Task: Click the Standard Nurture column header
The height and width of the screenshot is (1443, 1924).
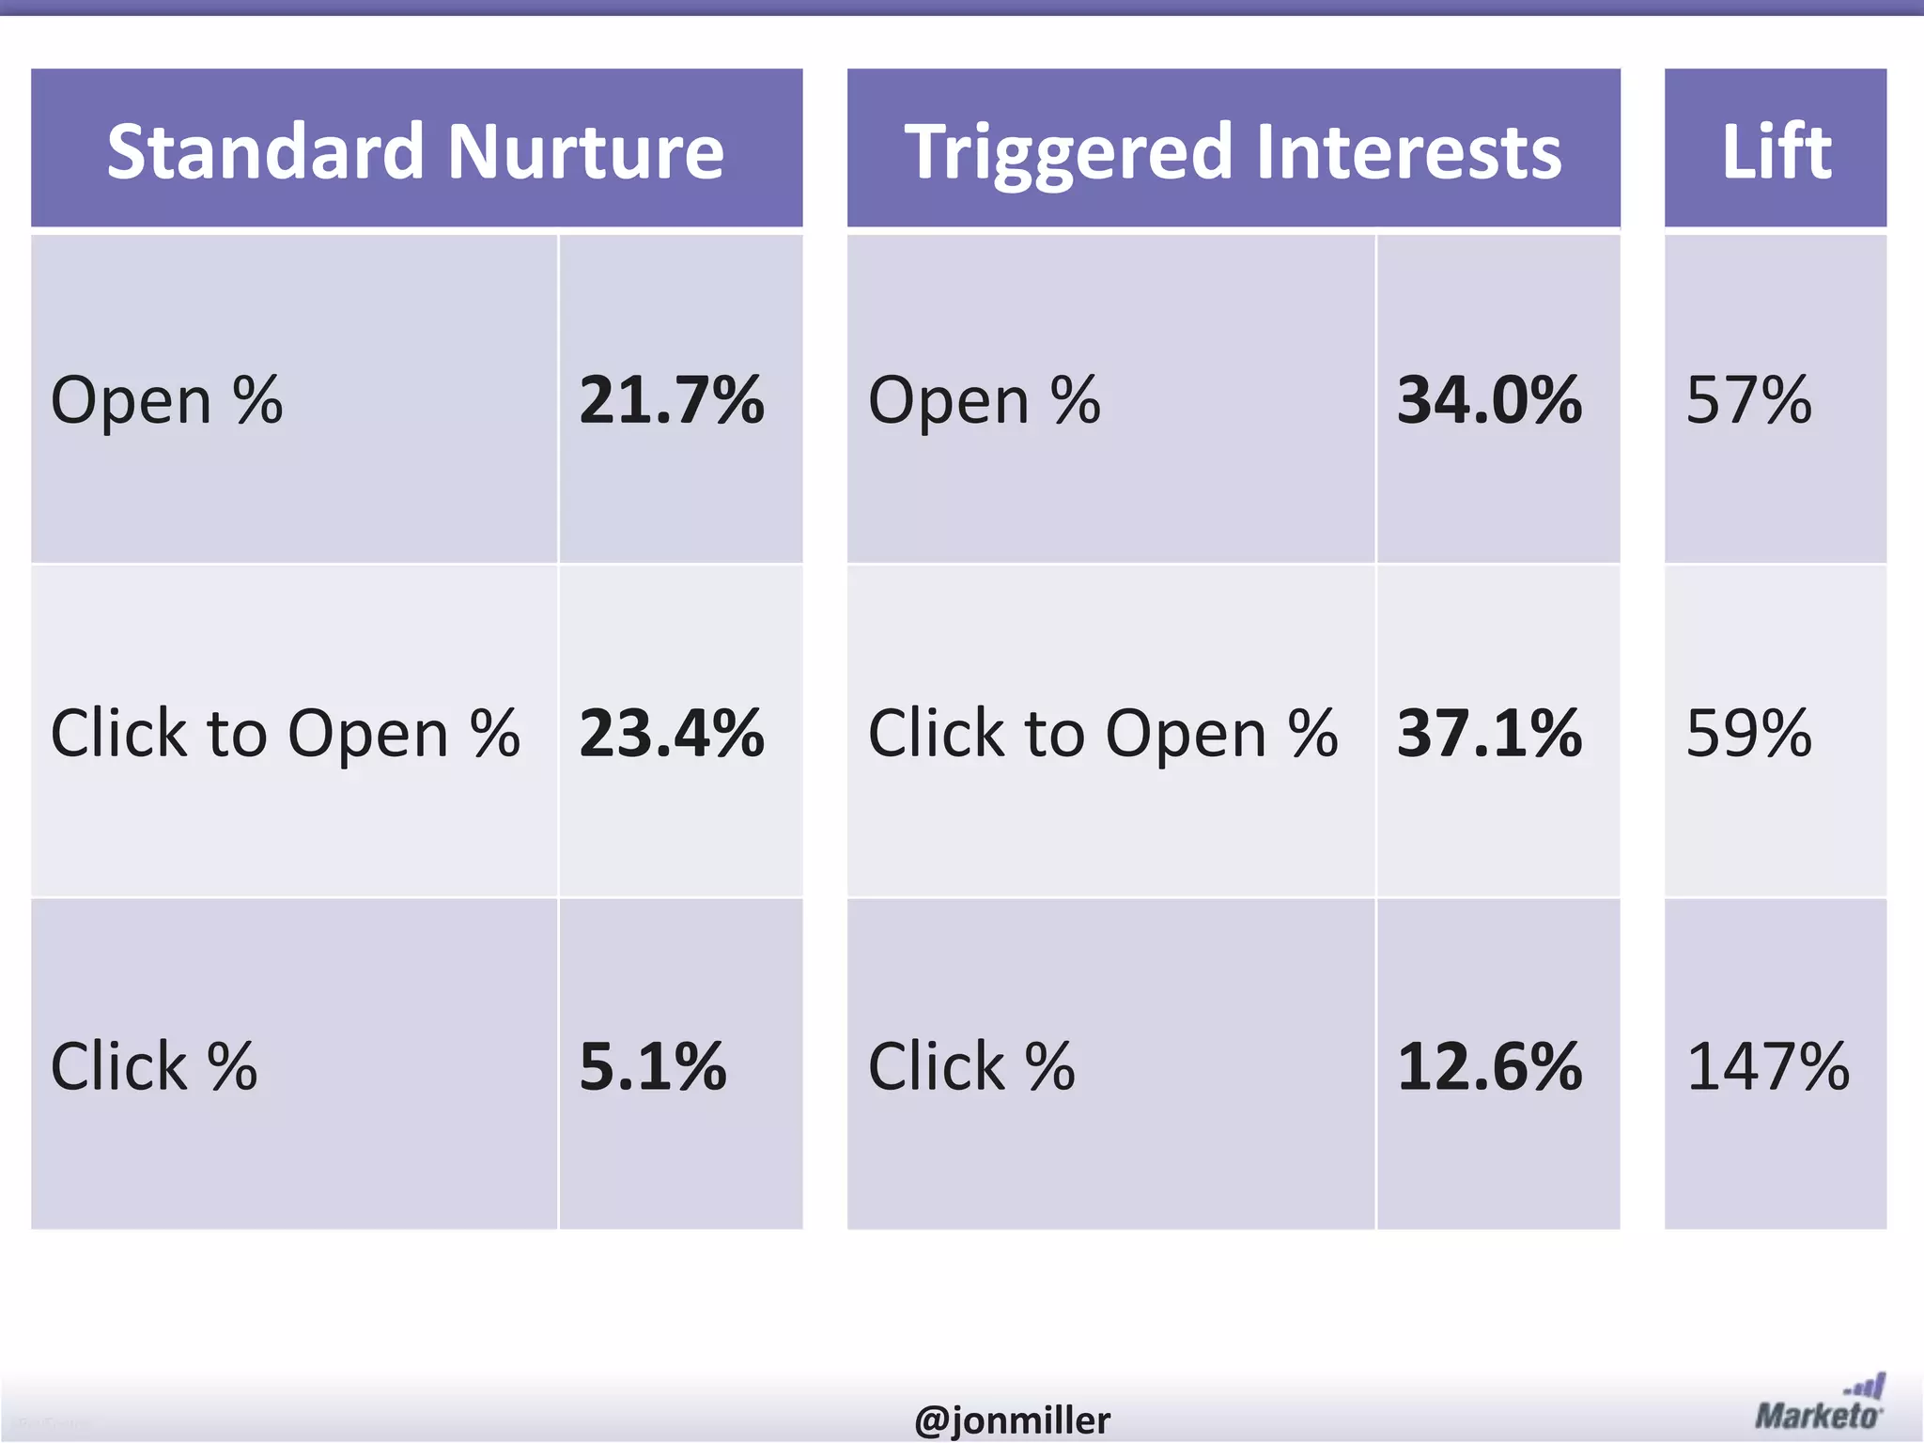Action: (x=416, y=150)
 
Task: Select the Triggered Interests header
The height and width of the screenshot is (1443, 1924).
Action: (x=1233, y=150)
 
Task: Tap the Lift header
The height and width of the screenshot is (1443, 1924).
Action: (x=1776, y=150)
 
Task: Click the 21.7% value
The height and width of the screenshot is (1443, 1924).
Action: (x=671, y=400)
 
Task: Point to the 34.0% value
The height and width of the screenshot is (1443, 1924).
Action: (x=1489, y=400)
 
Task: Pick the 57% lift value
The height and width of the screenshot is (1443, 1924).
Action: (x=1748, y=400)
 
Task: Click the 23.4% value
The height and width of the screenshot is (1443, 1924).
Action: (x=671, y=733)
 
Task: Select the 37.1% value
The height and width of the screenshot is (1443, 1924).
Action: (x=1489, y=733)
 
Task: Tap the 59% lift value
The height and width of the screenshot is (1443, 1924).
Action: (x=1748, y=733)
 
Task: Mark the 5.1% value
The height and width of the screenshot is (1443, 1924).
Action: (x=653, y=1066)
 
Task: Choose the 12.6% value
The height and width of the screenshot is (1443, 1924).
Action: (x=1489, y=1066)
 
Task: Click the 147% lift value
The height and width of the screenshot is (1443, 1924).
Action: (x=1767, y=1066)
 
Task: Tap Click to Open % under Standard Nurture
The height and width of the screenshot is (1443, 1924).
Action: (x=285, y=734)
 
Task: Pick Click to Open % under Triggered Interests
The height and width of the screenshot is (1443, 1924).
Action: (x=1102, y=734)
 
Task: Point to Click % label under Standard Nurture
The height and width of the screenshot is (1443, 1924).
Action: (x=154, y=1067)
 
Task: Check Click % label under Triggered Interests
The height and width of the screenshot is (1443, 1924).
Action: (x=971, y=1067)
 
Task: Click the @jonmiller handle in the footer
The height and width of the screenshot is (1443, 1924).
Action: (x=1012, y=1420)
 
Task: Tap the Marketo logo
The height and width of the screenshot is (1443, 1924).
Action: (x=1820, y=1404)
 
